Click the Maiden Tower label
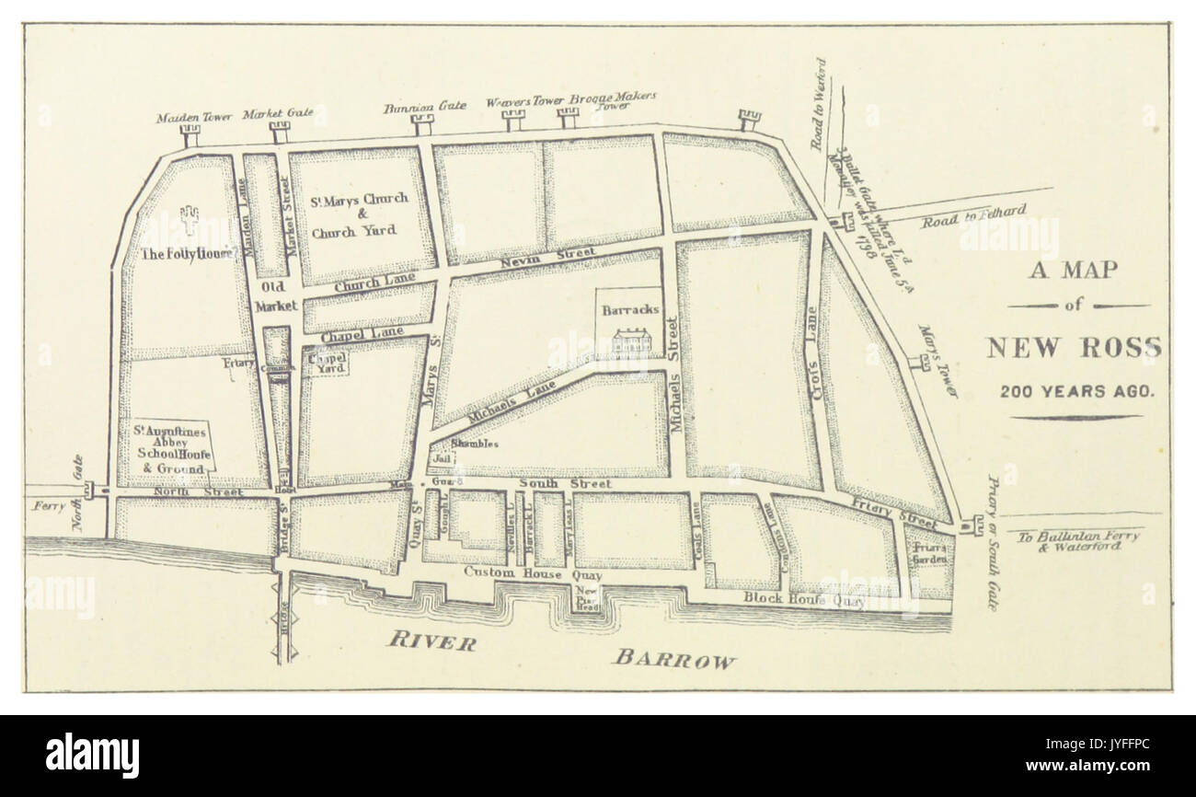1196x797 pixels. pos(190,117)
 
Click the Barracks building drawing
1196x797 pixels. pos(631,341)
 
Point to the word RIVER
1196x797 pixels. pos(431,641)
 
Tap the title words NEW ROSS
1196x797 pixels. pos(1074,348)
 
